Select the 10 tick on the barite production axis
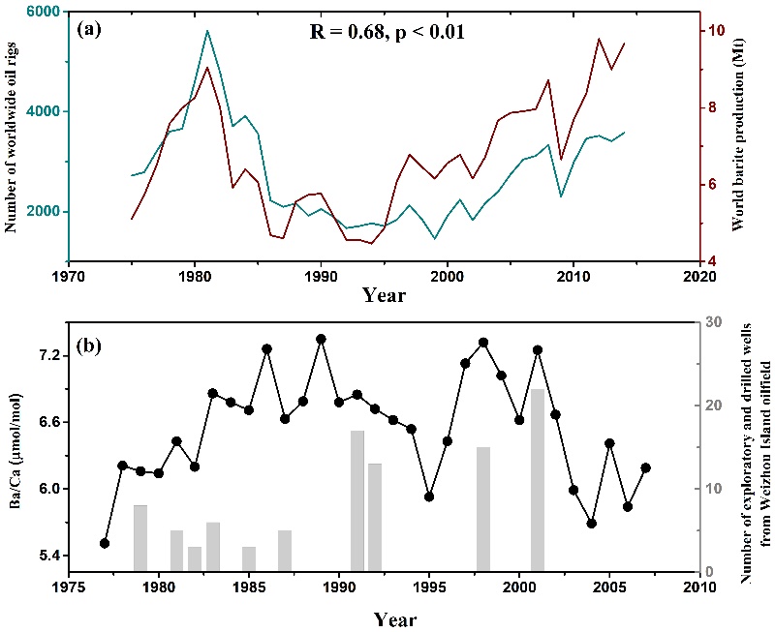[714, 30]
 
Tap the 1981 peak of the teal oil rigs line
[207, 31]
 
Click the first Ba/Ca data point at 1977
[105, 543]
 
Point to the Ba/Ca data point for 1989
[322, 339]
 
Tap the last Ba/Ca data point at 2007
[646, 467]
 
